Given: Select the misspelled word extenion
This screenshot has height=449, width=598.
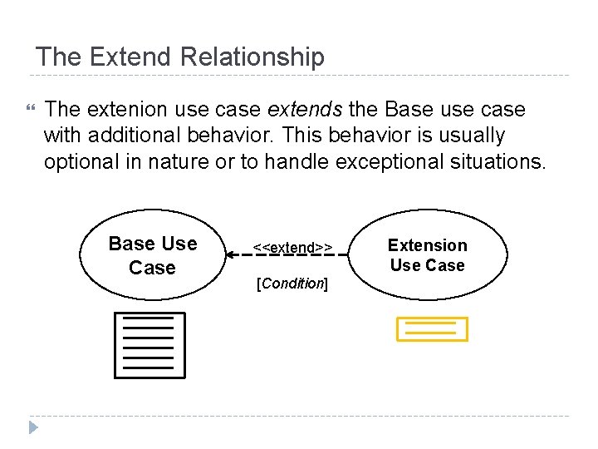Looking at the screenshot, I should (111, 110).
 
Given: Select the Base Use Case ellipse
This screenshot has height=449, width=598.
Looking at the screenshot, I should (153, 255).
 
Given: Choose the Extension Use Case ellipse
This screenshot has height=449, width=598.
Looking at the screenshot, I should (427, 254).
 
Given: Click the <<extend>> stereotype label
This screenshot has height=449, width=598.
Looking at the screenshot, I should (292, 247).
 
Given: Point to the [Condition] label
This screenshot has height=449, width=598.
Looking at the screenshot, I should (292, 284).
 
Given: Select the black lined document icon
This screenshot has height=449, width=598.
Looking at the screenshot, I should (149, 345).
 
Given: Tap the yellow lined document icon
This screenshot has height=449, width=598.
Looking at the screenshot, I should (431, 329).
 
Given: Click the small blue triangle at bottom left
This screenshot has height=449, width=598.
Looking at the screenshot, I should (32, 428).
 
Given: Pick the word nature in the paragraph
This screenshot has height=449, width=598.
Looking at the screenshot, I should (180, 160).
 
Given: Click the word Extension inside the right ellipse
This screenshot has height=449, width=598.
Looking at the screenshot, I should (427, 245).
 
